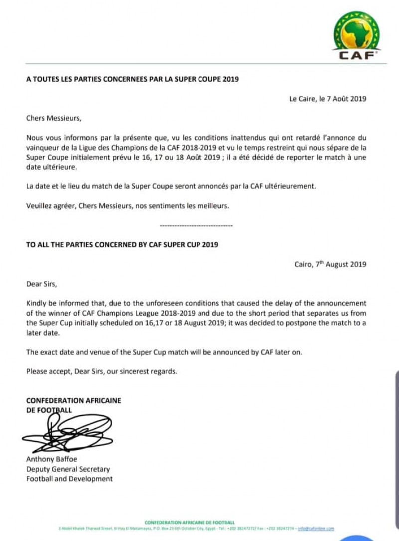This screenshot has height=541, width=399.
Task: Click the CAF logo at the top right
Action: [x=356, y=35]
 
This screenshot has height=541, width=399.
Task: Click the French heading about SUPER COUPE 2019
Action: [x=133, y=79]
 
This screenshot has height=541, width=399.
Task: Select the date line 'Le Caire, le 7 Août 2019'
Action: [x=328, y=99]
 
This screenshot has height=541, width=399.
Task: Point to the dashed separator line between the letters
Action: [x=196, y=226]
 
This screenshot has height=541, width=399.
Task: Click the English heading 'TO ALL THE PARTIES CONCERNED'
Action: [x=122, y=245]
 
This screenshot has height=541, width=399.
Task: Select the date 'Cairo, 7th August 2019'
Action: [x=330, y=264]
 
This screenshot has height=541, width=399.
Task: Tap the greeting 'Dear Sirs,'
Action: [x=42, y=284]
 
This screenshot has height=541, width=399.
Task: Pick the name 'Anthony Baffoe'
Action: [x=51, y=459]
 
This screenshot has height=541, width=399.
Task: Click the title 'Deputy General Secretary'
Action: [x=68, y=469]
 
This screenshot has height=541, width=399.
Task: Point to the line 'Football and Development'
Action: [x=69, y=479]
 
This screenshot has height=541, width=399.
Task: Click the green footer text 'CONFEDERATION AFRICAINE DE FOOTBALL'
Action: [x=190, y=522]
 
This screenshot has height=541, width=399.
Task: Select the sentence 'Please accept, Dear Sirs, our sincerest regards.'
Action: [x=102, y=371]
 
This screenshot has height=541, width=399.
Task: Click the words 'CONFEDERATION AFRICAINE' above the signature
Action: [x=73, y=400]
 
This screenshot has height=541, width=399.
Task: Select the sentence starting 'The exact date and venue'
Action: [x=164, y=352]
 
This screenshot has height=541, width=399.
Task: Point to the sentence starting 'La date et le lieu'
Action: [x=171, y=186]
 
